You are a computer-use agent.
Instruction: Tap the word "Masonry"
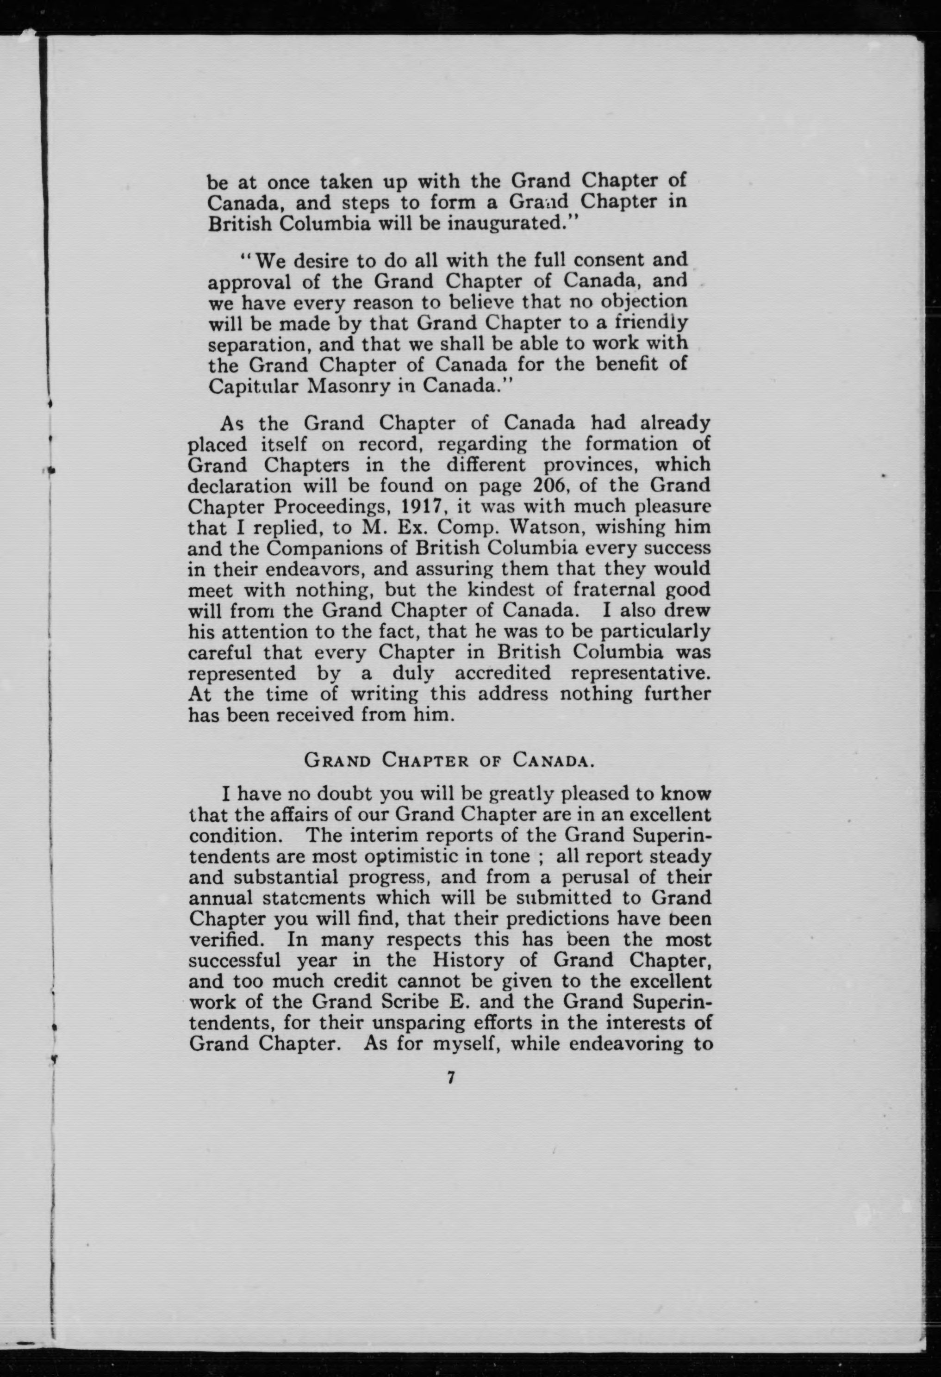point(346,386)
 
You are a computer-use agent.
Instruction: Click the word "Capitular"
point(254,386)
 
